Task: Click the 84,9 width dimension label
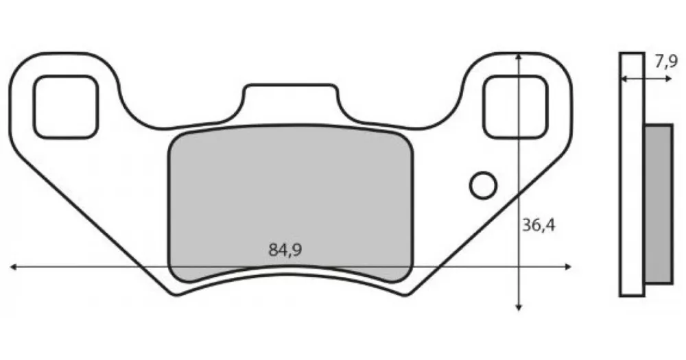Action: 285,250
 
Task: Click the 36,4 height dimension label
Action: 539,225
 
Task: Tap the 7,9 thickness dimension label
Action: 666,62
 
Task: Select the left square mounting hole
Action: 66,107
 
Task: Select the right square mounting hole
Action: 515,107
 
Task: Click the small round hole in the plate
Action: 483,185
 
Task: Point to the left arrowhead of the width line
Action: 13,266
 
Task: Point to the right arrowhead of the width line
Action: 568,266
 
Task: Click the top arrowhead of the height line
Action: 519,57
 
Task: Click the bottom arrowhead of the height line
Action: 519,307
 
